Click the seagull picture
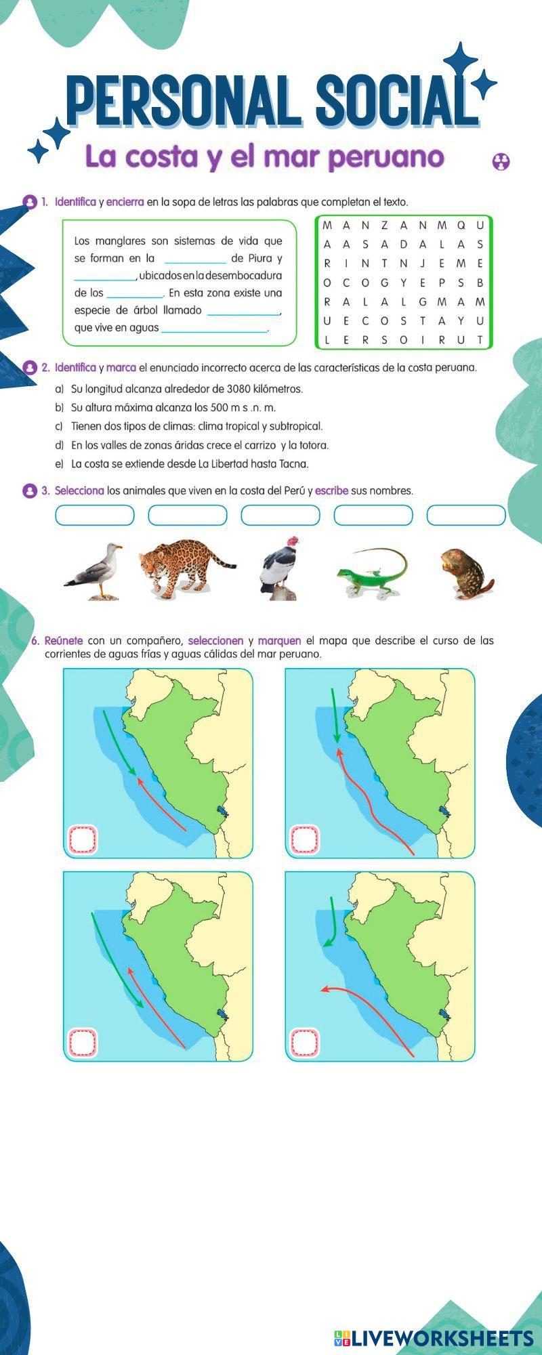coord(93,571)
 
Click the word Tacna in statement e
coord(293,464)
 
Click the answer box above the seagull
coord(95,515)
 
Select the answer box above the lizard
coord(373,515)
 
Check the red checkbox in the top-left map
coord(83,840)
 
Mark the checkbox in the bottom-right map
coord(305,1043)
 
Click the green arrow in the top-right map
coord(335,715)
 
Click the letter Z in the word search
coord(384,225)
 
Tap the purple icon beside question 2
coord(30,368)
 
